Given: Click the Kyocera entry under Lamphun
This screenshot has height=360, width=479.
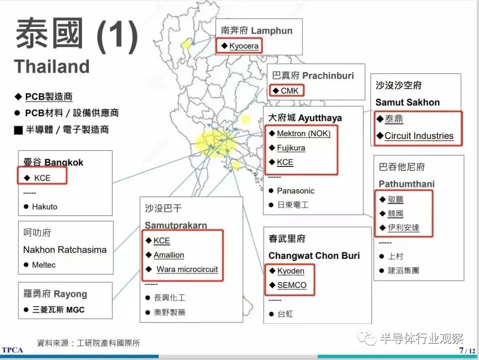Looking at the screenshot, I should [243, 46].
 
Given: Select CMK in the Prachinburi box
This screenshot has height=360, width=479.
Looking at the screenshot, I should [290, 91].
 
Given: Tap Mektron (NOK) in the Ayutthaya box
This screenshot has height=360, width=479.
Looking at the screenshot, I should [303, 133].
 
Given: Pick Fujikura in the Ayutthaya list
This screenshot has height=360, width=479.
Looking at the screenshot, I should [291, 148].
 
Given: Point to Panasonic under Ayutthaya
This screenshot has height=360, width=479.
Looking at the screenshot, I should [295, 191].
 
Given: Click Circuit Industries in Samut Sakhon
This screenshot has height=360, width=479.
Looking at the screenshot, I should [419, 136].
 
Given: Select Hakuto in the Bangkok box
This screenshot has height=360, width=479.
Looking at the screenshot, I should [44, 206].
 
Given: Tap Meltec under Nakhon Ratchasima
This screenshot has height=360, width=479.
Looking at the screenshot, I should [44, 265].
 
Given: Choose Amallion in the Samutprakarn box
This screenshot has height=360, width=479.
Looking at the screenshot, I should [169, 255].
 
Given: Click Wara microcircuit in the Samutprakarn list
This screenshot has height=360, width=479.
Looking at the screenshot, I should [187, 269].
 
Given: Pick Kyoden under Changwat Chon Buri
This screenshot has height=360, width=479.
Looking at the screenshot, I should [291, 271].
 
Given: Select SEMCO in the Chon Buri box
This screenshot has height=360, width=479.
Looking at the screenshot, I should [291, 285].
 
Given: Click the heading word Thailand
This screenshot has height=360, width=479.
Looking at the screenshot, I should [52, 67].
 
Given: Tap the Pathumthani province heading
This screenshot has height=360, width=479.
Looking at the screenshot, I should [406, 184].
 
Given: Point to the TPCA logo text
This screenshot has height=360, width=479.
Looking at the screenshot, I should [12, 350].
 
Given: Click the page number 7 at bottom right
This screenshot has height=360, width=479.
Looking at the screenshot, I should [461, 350].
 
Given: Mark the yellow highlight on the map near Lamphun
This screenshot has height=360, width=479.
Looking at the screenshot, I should [187, 44].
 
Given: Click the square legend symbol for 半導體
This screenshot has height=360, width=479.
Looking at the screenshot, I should [18, 130].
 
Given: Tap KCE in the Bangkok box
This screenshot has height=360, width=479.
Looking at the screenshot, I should [43, 178].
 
